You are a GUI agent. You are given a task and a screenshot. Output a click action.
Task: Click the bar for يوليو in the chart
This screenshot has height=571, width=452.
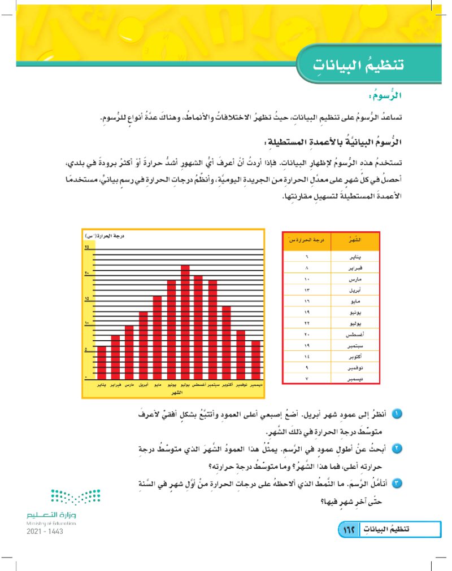tap(185, 322)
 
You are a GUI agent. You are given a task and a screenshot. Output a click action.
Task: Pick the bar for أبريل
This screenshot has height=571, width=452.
tap(144, 345)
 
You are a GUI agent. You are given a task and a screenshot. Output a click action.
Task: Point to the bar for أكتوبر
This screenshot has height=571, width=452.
tap(227, 342)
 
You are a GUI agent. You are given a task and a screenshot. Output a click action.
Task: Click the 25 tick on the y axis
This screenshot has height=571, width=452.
tap(87, 248)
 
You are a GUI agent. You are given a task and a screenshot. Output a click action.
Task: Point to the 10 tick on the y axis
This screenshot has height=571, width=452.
tap(87, 324)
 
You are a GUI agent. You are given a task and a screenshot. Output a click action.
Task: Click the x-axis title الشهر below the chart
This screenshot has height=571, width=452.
tap(177, 392)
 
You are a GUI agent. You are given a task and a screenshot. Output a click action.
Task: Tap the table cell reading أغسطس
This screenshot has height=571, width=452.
tap(353, 335)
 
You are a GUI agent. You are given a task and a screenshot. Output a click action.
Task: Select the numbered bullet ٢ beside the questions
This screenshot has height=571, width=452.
tap(397, 450)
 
